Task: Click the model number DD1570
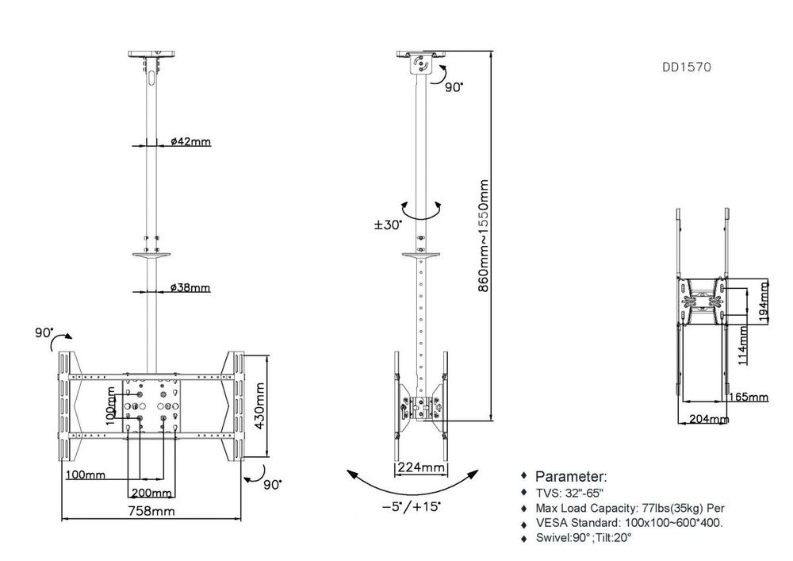click(x=686, y=68)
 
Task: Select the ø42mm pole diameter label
click(x=190, y=143)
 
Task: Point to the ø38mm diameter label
click(x=190, y=287)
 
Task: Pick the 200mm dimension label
click(x=147, y=493)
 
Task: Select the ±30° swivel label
click(x=388, y=225)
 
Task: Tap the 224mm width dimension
click(x=421, y=467)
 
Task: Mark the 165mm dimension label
click(x=748, y=397)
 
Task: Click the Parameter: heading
click(x=571, y=477)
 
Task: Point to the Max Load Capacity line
click(x=630, y=508)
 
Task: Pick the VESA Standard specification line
click(x=629, y=523)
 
